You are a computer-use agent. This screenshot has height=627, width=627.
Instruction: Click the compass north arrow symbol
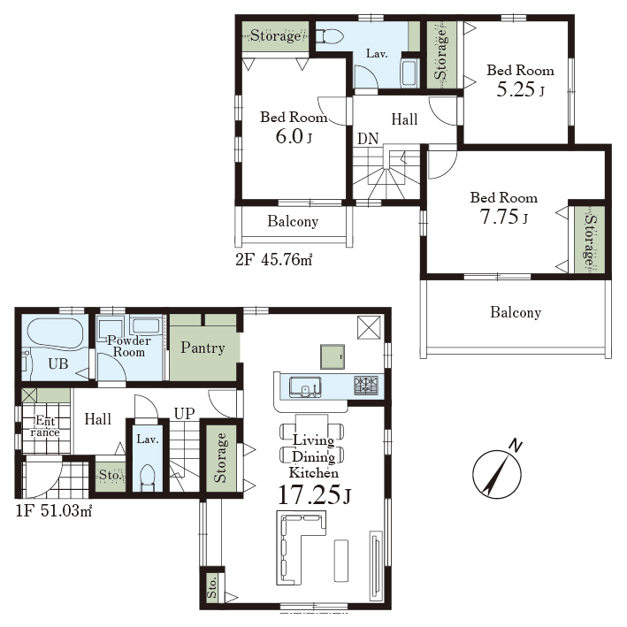point(497,470)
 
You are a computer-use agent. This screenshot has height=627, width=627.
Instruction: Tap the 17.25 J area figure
point(314,495)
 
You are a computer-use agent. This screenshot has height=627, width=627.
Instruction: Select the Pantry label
point(203,348)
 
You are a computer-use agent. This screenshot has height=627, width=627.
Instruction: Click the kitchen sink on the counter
point(305,386)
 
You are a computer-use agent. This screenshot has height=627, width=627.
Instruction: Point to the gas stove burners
point(365,386)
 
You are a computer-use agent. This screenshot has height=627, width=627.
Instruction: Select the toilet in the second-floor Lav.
point(329,36)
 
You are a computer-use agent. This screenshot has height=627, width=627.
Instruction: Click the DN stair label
point(368,139)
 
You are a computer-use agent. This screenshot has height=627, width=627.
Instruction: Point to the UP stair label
point(184,414)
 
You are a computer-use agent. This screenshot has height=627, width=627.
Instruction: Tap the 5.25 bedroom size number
point(516,89)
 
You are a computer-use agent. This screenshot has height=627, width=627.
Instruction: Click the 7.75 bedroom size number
point(499,218)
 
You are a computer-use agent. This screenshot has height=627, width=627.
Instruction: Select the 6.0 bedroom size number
point(288,136)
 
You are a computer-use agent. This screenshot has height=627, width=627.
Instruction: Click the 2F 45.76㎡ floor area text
point(273,260)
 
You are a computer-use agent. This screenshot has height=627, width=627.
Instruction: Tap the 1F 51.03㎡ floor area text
point(54,510)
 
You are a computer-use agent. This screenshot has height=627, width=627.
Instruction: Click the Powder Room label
point(129,347)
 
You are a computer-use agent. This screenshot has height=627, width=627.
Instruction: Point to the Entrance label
point(45,426)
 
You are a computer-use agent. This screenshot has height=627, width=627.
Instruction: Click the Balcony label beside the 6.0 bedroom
point(293,221)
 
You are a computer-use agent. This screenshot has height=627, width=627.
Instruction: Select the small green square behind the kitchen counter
point(333,356)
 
